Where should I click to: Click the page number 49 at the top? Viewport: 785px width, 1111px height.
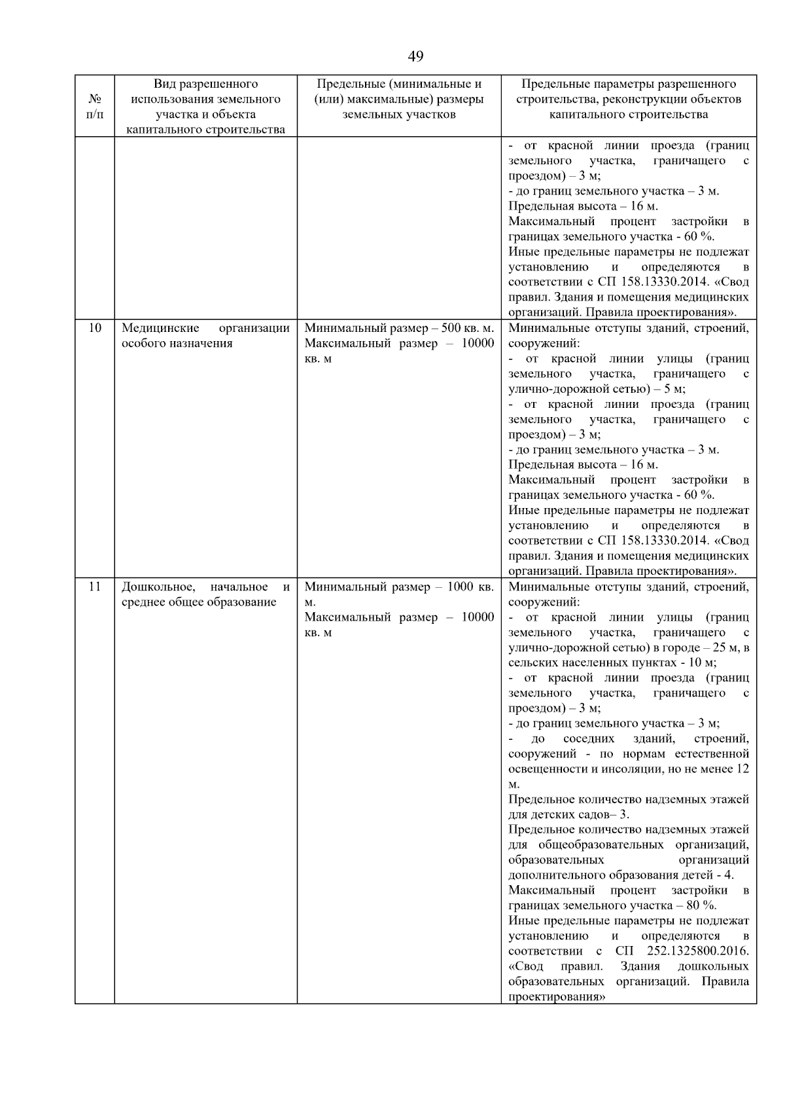tap(415, 56)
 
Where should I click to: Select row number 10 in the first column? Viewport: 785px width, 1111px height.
tap(95, 328)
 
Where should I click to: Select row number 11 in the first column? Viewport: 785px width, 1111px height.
tap(95, 587)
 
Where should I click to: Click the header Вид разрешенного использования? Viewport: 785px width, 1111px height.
tap(205, 84)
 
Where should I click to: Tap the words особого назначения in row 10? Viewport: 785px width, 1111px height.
tap(177, 343)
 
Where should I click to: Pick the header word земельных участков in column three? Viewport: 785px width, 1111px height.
tap(398, 115)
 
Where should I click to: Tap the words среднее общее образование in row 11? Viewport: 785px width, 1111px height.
tap(199, 602)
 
